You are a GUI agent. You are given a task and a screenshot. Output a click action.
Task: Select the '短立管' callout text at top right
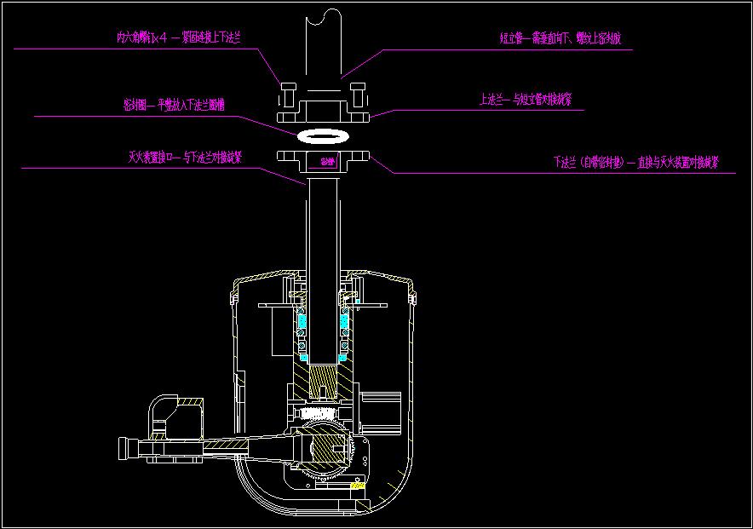coord(566,38)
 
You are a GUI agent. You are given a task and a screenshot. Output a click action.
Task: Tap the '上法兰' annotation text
coord(525,100)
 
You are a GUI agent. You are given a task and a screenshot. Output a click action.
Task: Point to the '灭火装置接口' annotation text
coord(185,158)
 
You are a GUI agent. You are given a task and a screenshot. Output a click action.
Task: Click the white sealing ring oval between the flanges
coord(325,135)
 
